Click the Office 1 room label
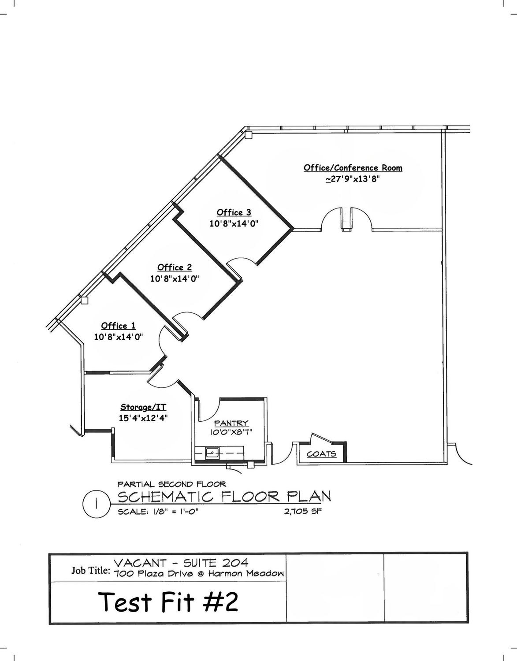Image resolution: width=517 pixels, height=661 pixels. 118,326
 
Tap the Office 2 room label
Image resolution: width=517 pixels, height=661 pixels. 175,267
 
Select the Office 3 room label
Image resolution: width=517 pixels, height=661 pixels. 234,212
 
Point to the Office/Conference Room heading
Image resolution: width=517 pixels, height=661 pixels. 353,168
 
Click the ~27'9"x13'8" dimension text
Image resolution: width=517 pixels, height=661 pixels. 353,179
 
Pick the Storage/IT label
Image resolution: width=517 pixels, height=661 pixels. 143,407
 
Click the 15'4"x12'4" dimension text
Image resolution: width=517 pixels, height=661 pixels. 143,418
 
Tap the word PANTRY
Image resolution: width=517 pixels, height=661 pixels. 231,423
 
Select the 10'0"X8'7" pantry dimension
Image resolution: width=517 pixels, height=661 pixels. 231,432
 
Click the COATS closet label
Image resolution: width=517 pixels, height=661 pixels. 321,454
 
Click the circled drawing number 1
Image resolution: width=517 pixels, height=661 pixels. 96,505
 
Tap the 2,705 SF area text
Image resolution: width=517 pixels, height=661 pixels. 303,511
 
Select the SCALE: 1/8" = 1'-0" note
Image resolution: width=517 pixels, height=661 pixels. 158,512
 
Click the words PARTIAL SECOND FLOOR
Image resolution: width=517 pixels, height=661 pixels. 172,484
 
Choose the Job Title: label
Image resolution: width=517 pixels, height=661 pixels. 91,570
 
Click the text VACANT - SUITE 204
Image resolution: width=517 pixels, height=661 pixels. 181,562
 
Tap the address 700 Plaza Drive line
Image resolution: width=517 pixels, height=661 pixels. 199,574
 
